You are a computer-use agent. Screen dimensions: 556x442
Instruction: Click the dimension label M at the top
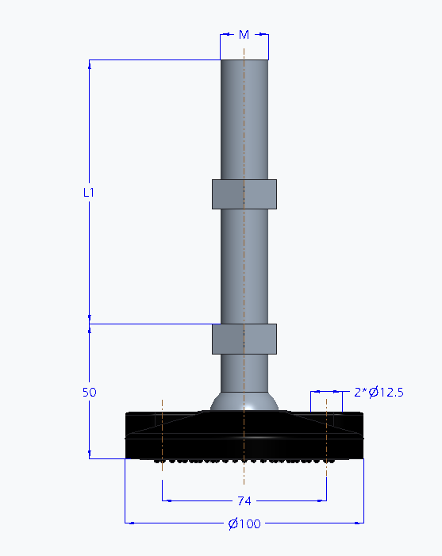click(x=244, y=34)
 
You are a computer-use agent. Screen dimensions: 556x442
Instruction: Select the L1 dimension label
click(x=89, y=192)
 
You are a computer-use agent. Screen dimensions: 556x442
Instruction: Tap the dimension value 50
click(x=89, y=393)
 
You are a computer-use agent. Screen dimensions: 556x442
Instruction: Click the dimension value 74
click(x=244, y=500)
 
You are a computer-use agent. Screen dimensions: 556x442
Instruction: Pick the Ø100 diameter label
click(x=244, y=523)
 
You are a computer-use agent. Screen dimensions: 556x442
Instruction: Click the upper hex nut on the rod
click(x=244, y=194)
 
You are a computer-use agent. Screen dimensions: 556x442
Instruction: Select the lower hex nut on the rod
click(x=244, y=339)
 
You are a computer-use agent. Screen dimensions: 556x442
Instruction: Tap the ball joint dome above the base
click(x=244, y=401)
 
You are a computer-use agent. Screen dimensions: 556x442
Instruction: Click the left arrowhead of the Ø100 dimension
click(x=129, y=523)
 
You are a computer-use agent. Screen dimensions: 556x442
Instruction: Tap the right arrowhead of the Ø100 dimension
click(x=360, y=523)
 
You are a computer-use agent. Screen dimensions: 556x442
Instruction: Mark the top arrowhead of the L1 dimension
click(x=89, y=64)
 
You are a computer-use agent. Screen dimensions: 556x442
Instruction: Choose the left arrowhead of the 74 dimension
click(x=166, y=500)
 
